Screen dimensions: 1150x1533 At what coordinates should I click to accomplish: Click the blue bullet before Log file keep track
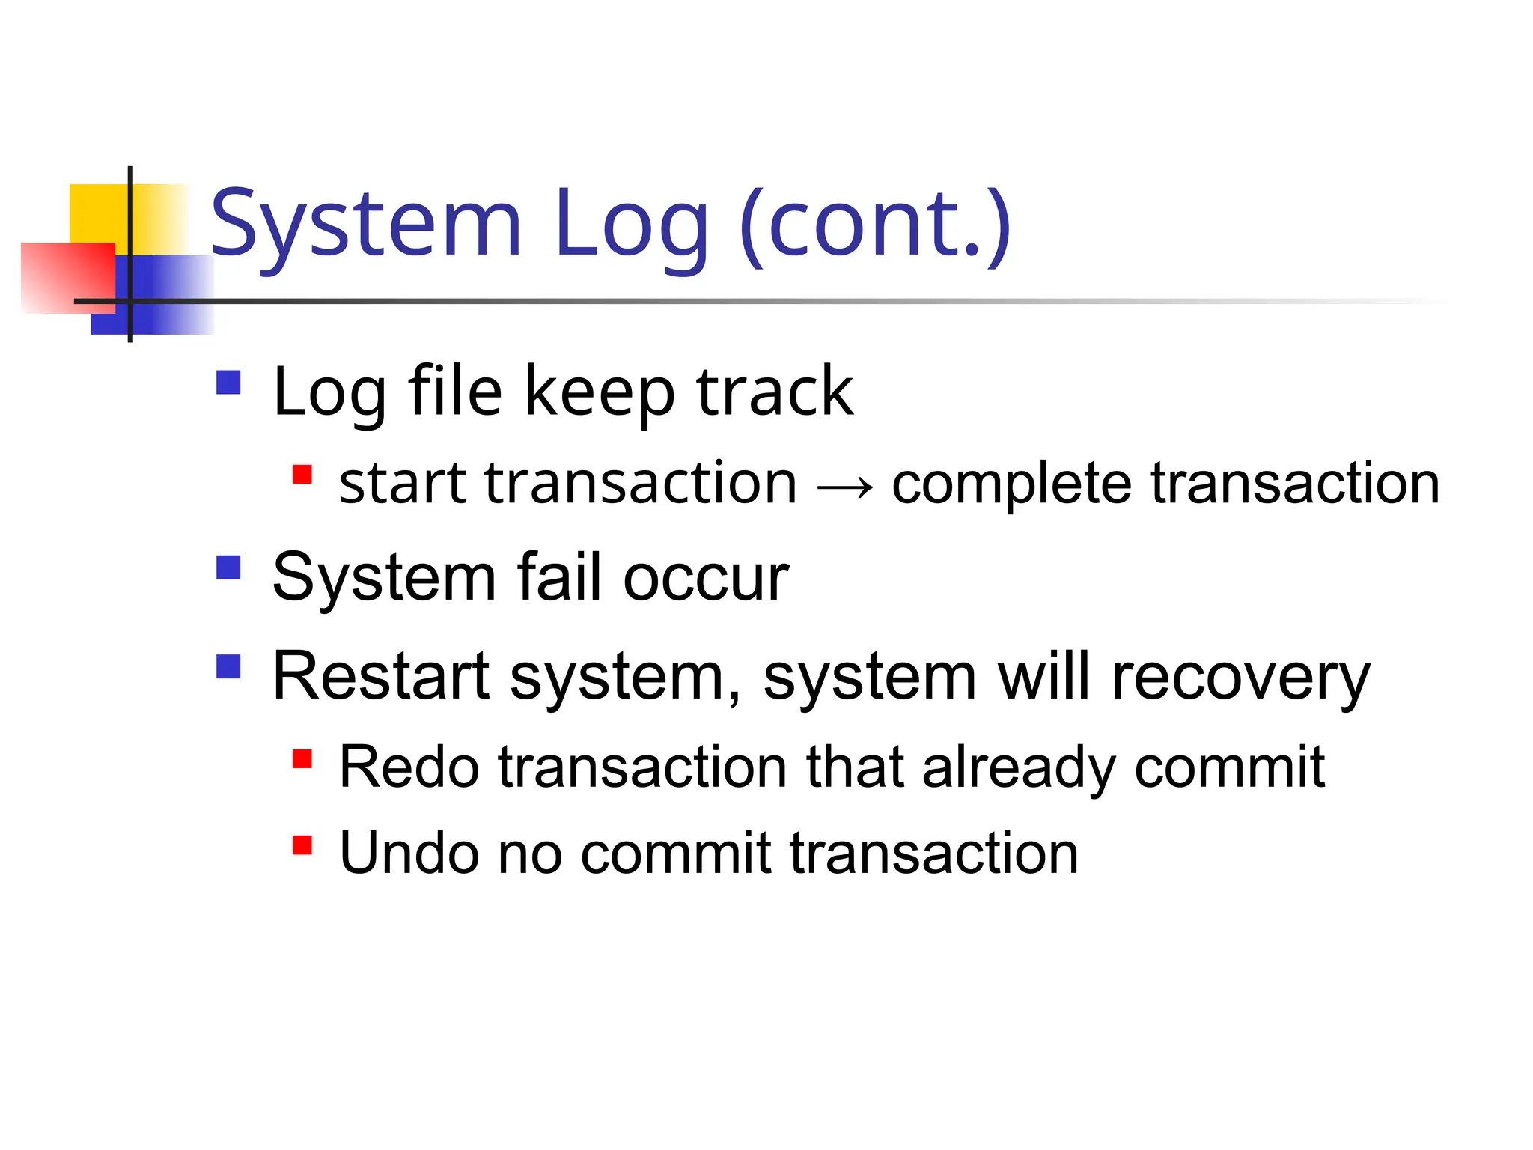pyautogui.click(x=228, y=383)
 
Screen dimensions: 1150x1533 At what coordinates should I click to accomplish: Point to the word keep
pyautogui.click(x=600, y=392)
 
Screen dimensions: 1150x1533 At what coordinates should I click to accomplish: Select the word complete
pyautogui.click(x=1011, y=485)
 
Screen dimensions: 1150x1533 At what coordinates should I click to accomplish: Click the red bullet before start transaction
pyautogui.click(x=302, y=475)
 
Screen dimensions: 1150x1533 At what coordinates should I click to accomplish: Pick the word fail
pyautogui.click(x=560, y=578)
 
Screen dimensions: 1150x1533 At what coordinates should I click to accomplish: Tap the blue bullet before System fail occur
pyautogui.click(x=228, y=568)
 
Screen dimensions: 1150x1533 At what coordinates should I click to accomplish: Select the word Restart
pyautogui.click(x=381, y=676)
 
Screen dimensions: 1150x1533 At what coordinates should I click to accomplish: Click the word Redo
pyautogui.click(x=409, y=767)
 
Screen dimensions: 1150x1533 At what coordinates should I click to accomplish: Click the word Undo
pyautogui.click(x=409, y=854)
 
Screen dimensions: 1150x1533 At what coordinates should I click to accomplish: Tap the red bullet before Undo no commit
pyautogui.click(x=302, y=845)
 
